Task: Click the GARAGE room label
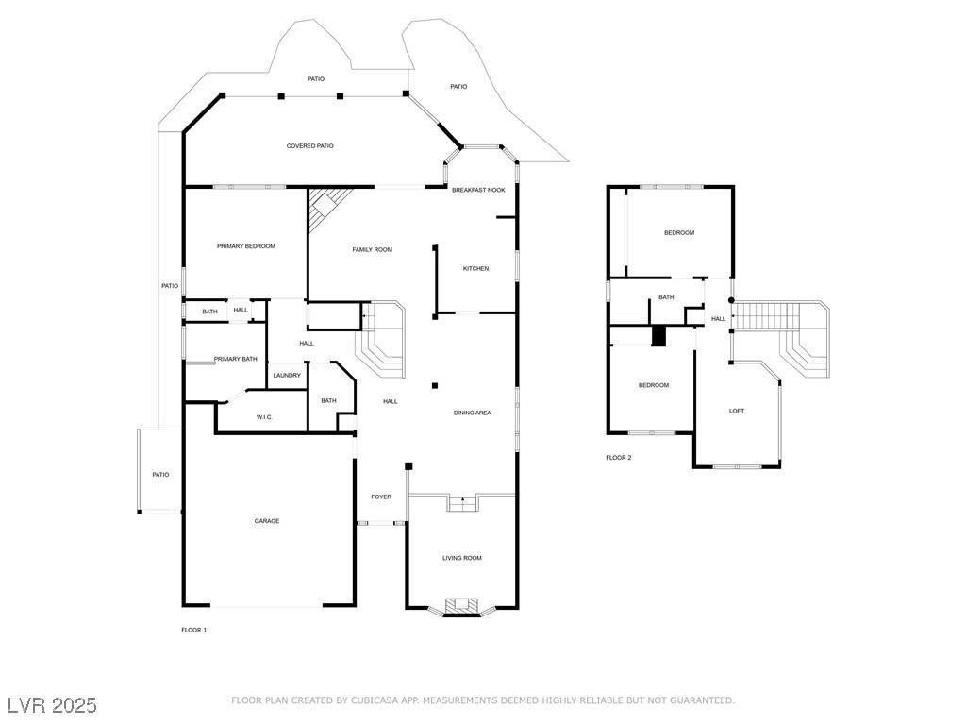point(266,521)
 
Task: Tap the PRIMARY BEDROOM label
point(245,246)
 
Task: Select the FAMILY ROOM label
point(372,249)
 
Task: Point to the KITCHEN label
point(475,269)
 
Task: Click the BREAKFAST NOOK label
point(478,191)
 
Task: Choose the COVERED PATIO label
point(309,146)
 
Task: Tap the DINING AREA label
point(472,413)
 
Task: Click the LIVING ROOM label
point(462,558)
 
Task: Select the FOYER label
point(380,497)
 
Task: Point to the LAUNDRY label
point(287,376)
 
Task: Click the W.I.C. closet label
point(264,417)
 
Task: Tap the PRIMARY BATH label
point(235,359)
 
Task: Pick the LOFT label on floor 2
point(737,411)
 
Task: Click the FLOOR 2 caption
point(618,458)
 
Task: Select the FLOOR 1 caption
point(193,630)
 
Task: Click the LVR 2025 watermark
point(52,705)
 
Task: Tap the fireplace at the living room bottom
point(461,606)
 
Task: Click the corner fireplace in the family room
point(325,202)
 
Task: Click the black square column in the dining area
point(435,385)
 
